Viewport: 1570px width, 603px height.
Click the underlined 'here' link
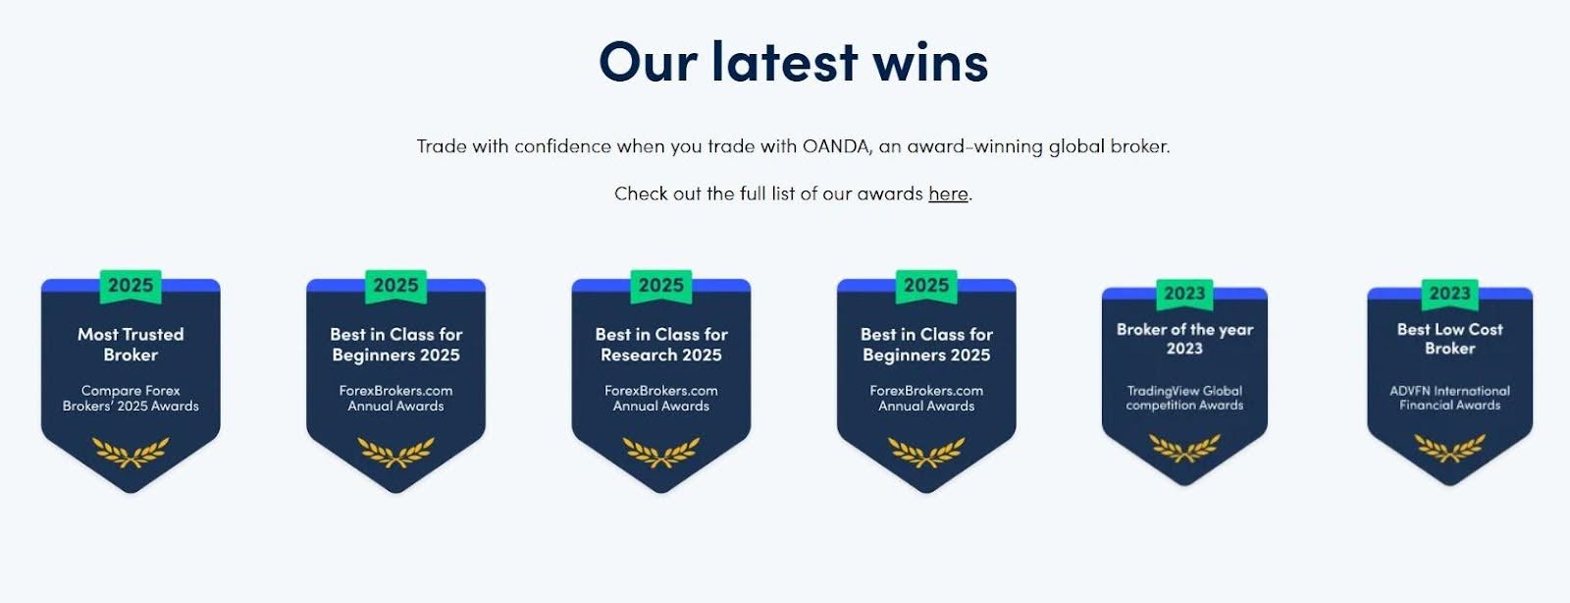(x=948, y=193)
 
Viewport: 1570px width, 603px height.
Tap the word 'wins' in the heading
(x=930, y=63)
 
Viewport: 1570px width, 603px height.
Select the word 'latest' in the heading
(x=784, y=62)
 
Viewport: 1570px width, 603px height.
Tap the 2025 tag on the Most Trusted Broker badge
(x=131, y=286)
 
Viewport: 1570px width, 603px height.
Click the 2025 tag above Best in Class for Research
(x=661, y=286)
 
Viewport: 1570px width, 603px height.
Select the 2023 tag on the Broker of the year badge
(x=1184, y=294)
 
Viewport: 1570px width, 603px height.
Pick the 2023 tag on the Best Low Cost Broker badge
(x=1449, y=294)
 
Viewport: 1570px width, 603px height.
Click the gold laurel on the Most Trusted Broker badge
(x=131, y=452)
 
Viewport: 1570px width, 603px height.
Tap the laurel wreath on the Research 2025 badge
(x=661, y=452)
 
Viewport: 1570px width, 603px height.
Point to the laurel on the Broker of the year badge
(x=1184, y=448)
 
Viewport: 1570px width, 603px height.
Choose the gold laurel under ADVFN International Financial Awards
(x=1449, y=448)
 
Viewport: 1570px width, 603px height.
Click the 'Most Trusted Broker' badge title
(x=131, y=345)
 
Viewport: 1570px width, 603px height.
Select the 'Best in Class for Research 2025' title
(x=661, y=345)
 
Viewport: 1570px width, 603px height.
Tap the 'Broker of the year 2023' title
(x=1184, y=339)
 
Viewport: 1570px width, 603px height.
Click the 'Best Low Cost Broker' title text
(x=1449, y=339)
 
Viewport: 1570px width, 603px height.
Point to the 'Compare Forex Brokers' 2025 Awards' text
(x=131, y=399)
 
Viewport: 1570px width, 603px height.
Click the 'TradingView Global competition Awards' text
(x=1184, y=398)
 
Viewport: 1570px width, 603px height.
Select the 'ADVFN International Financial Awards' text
(x=1449, y=398)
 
